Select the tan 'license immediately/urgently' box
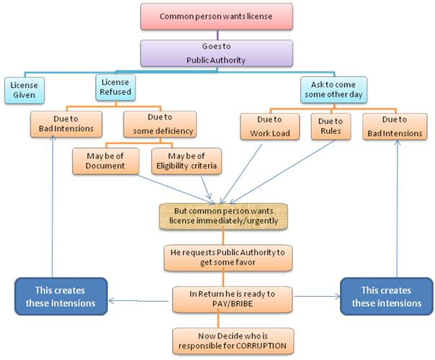click(223, 215)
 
